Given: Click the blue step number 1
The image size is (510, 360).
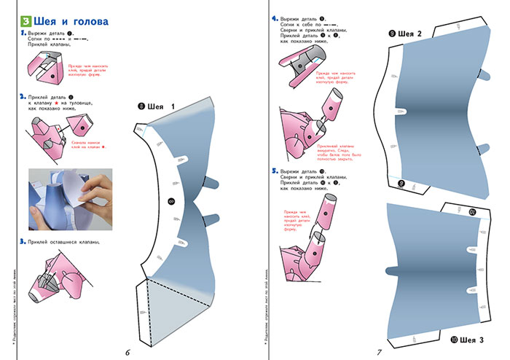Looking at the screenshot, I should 23,34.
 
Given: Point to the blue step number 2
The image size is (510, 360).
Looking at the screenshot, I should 23,95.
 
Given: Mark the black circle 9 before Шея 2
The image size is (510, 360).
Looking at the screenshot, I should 392,34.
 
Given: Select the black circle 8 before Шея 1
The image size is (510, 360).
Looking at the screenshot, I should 141,106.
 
